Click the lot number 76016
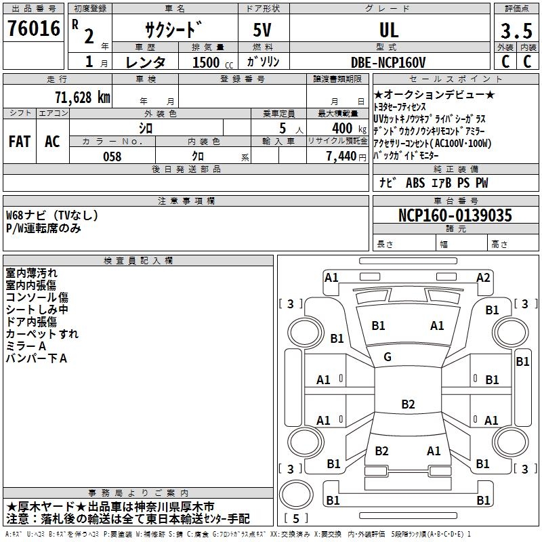point(33,29)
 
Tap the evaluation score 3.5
point(516,31)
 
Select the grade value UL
point(389,30)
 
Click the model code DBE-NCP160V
point(388,62)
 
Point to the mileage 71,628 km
point(82,97)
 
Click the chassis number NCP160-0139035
point(455,216)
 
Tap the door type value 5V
point(264,30)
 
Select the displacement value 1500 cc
point(207,62)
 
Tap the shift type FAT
point(19,142)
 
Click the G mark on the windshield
point(388,357)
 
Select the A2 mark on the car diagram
point(483,277)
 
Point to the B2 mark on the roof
point(407,404)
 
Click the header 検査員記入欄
point(138,260)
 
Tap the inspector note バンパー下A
point(37,358)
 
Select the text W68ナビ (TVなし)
point(52,215)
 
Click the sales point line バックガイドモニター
point(411,156)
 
